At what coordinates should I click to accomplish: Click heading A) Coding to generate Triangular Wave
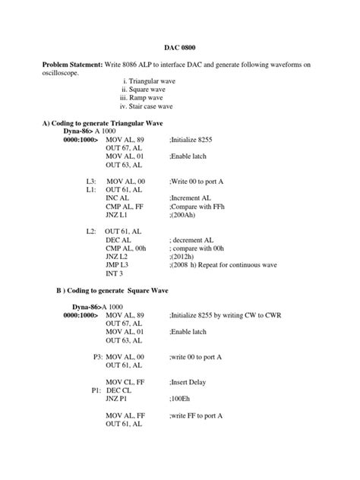[x=102, y=122]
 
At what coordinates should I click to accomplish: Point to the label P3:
[x=97, y=355]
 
